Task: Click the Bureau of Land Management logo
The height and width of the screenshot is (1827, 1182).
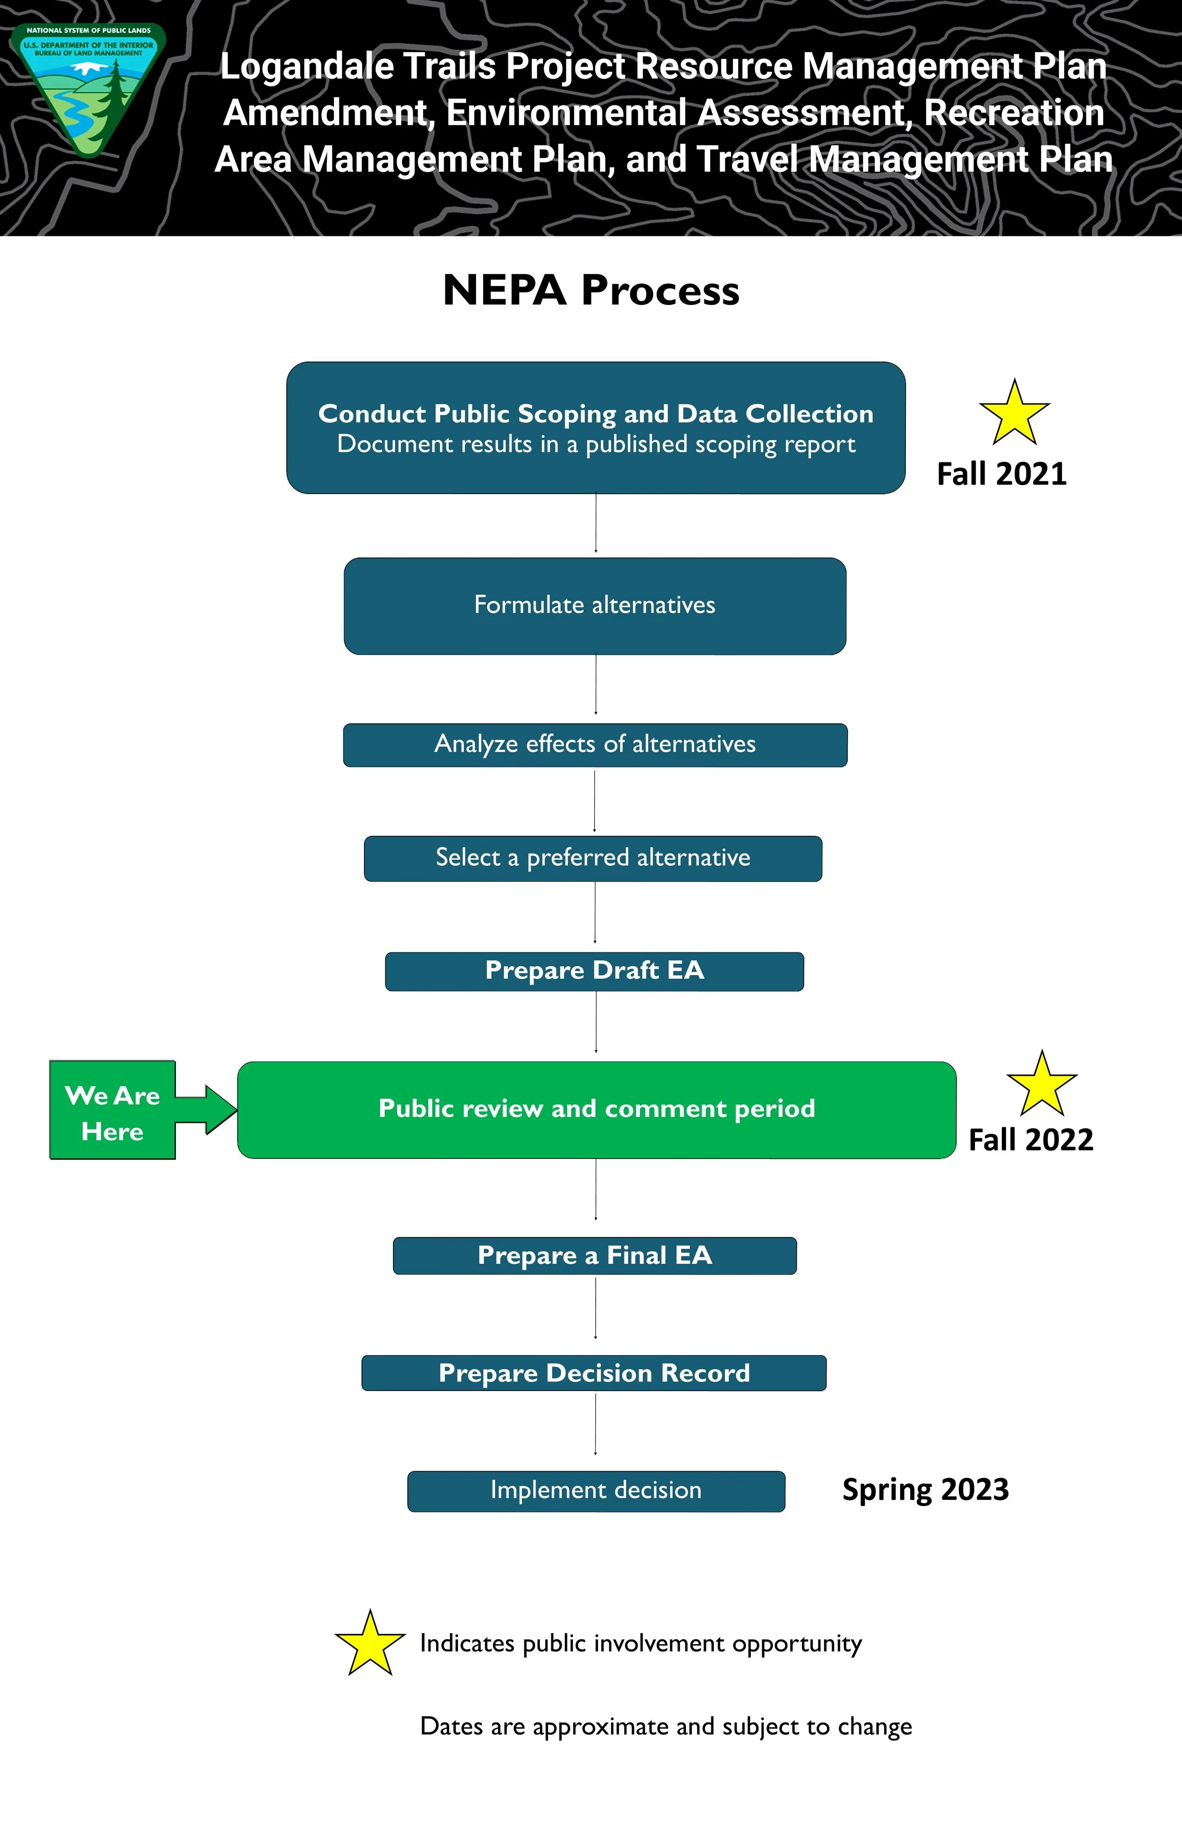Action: pyautogui.click(x=90, y=88)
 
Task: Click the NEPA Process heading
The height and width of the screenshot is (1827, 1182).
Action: pyautogui.click(x=591, y=290)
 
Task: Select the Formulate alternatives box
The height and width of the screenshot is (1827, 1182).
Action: pyautogui.click(x=595, y=606)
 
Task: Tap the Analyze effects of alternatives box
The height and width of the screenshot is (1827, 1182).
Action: pyautogui.click(x=595, y=745)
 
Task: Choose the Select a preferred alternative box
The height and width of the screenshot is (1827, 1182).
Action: pyautogui.click(x=592, y=858)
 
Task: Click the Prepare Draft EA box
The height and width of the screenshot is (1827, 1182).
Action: pyautogui.click(x=594, y=971)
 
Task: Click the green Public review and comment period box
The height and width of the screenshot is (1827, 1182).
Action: pyautogui.click(x=596, y=1109)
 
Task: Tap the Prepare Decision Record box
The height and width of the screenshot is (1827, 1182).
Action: pyautogui.click(x=594, y=1373)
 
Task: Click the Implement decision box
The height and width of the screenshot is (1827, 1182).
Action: pyautogui.click(x=596, y=1491)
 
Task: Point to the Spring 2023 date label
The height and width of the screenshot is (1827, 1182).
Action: pyautogui.click(x=925, y=1490)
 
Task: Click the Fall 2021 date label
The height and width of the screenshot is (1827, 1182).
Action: pyautogui.click(x=1002, y=474)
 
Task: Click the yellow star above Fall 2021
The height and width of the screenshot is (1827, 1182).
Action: pyautogui.click(x=1014, y=415)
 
